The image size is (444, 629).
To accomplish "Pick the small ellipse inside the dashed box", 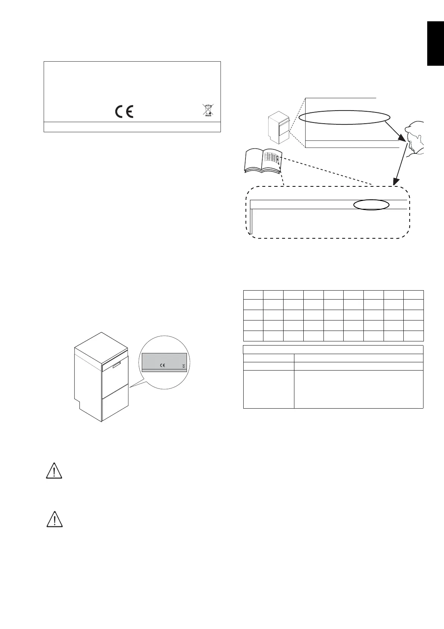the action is tap(371, 204).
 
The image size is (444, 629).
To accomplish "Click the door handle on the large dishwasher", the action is tap(117, 365).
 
